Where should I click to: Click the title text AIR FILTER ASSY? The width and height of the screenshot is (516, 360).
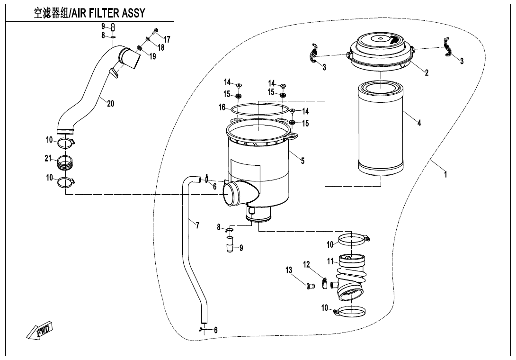(89, 13)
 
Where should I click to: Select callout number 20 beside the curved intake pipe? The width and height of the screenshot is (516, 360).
(110, 103)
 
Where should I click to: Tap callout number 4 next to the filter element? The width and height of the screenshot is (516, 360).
(419, 123)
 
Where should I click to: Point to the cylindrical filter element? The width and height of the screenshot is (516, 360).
(381, 128)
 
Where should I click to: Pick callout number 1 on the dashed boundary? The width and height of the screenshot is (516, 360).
(445, 174)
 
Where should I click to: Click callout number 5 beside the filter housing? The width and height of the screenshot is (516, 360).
(303, 161)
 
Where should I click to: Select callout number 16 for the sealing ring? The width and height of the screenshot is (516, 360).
(222, 108)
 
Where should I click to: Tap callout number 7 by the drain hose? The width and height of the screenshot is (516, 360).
(197, 225)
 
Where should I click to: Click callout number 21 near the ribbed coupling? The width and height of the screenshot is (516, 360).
(48, 159)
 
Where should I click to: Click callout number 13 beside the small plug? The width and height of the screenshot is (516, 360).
(289, 270)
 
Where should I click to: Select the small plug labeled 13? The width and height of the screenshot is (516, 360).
(311, 286)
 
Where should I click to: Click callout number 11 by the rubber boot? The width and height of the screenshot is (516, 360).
(330, 261)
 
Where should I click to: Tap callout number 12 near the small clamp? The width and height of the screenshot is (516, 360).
(306, 264)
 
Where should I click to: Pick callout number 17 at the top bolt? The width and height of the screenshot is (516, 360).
(167, 39)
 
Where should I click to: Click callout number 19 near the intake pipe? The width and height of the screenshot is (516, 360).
(152, 57)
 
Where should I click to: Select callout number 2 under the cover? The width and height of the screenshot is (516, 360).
(427, 72)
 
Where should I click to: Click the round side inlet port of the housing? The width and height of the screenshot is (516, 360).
(233, 194)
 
